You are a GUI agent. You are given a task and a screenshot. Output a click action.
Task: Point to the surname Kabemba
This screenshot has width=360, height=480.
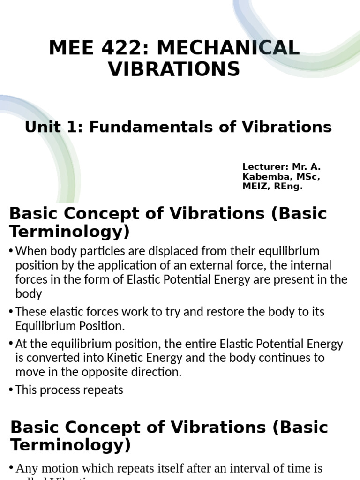point(264,177)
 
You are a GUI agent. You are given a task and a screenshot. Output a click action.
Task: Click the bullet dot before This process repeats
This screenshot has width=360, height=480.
point(11,390)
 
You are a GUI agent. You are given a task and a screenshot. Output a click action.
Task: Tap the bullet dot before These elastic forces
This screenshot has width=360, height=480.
point(11,312)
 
